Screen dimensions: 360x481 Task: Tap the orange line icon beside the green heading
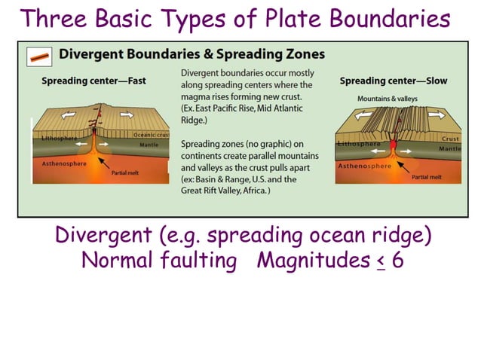point(38,56)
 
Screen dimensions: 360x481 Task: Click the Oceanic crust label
point(152,135)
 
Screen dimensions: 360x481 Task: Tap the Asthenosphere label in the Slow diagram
point(364,166)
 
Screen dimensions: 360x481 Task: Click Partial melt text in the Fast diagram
point(126,172)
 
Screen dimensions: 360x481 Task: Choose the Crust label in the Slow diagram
point(450,139)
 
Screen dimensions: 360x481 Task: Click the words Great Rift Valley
point(213,191)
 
